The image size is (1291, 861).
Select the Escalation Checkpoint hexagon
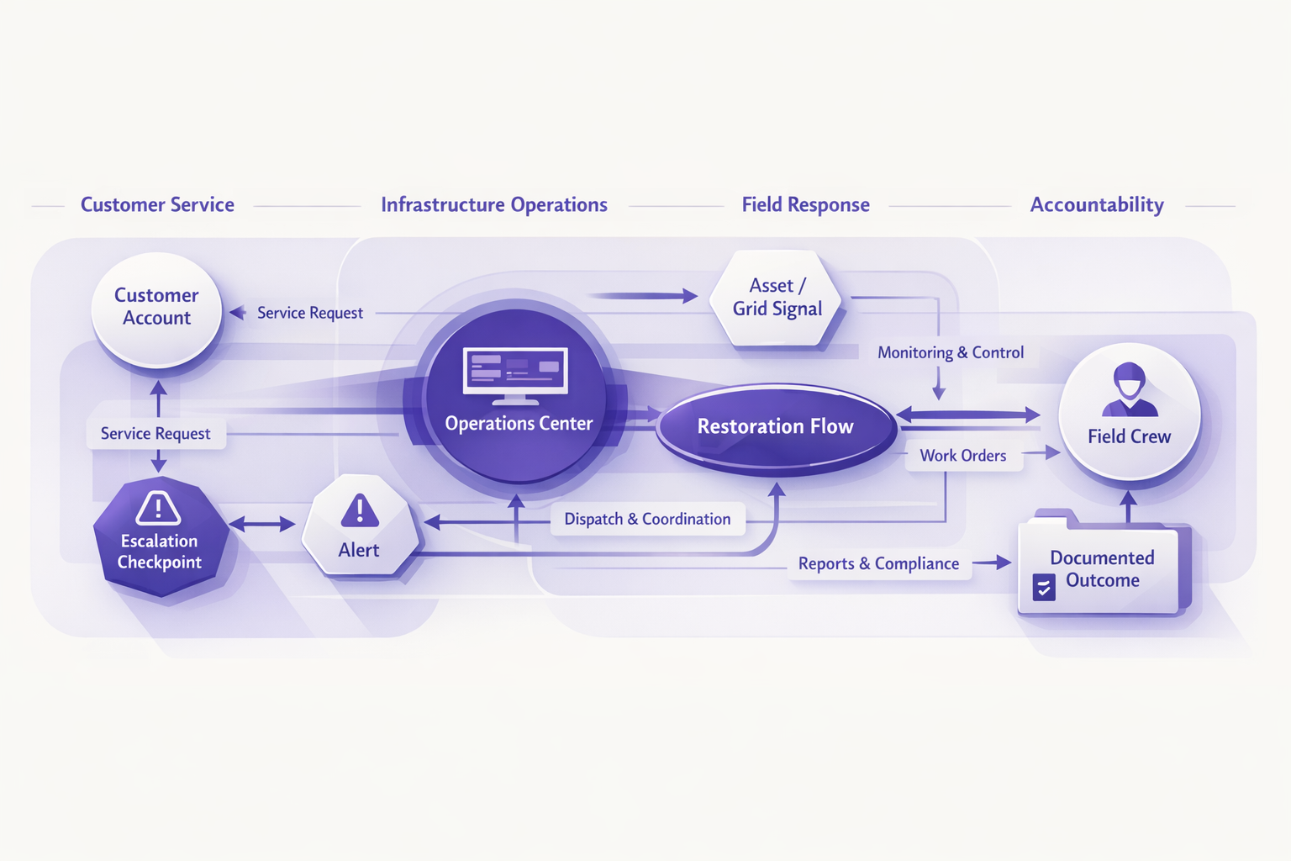point(160,538)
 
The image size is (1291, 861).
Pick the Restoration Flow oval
point(775,427)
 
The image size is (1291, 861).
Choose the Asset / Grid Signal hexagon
point(777,298)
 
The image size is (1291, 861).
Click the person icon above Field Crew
point(1130,389)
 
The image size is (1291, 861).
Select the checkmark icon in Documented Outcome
point(1044,587)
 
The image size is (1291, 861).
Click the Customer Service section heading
point(157,205)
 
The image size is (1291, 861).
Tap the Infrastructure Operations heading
point(494,205)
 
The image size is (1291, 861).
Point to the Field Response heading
point(805,205)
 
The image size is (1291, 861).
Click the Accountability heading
point(1097,205)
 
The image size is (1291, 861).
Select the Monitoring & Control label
point(951,353)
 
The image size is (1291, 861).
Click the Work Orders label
point(963,456)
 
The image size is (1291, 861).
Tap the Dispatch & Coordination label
point(647,520)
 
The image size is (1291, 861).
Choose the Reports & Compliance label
point(878,564)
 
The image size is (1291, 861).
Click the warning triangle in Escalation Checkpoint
point(158,508)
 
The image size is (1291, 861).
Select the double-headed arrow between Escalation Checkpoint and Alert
point(261,525)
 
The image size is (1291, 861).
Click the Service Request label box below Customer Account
point(155,434)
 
